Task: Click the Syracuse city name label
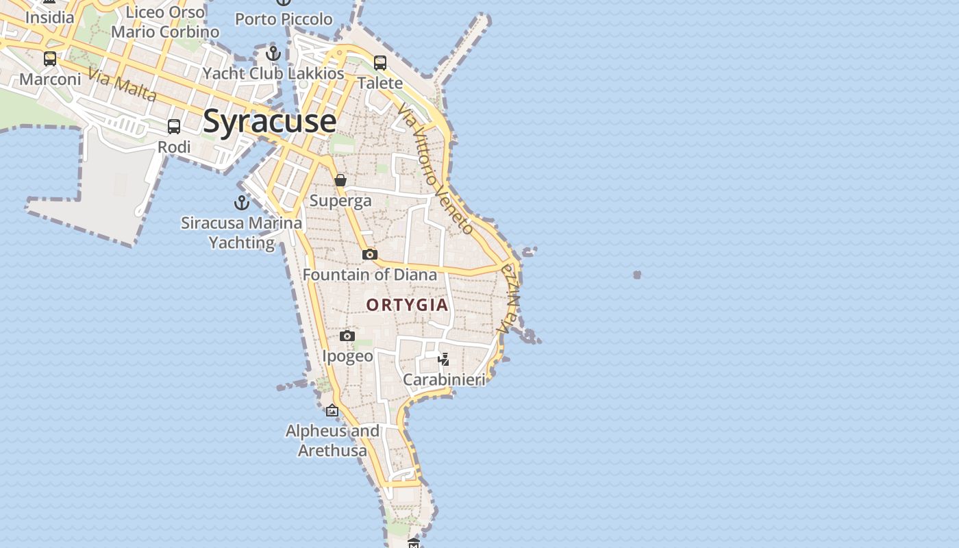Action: click(x=269, y=121)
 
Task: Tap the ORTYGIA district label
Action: click(x=407, y=305)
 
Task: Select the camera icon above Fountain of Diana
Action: click(x=370, y=254)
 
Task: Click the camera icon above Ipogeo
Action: click(x=347, y=336)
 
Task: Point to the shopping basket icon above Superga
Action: click(x=340, y=180)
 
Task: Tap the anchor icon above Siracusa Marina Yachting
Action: click(x=241, y=202)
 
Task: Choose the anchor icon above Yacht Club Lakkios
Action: click(x=273, y=53)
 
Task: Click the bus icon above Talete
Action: click(x=380, y=63)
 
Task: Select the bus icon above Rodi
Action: click(x=174, y=127)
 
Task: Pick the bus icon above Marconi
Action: click(x=50, y=59)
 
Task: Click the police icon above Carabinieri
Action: click(x=444, y=359)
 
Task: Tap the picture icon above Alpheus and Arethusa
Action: click(x=332, y=410)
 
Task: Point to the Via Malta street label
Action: click(x=123, y=85)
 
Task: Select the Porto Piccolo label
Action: click(x=284, y=19)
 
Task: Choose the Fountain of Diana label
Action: click(x=369, y=275)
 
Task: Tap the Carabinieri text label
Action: click(x=444, y=379)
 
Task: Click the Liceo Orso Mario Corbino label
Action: click(x=165, y=22)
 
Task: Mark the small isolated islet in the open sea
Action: click(x=637, y=275)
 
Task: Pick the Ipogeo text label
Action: click(x=348, y=356)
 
